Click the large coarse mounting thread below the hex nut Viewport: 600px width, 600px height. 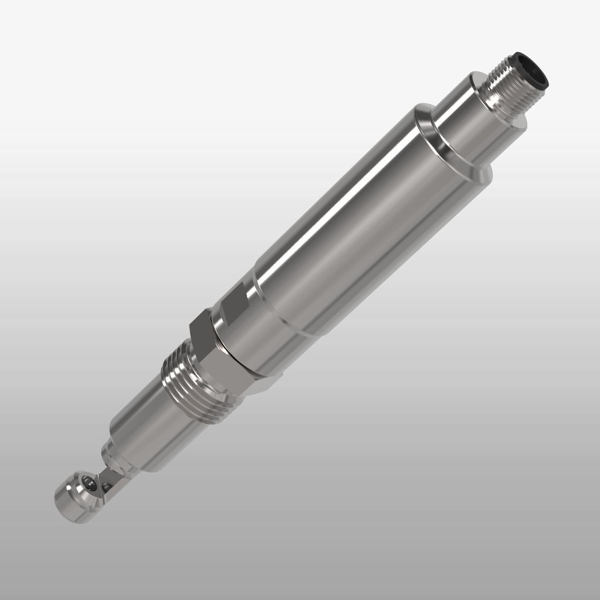[x=190, y=375]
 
